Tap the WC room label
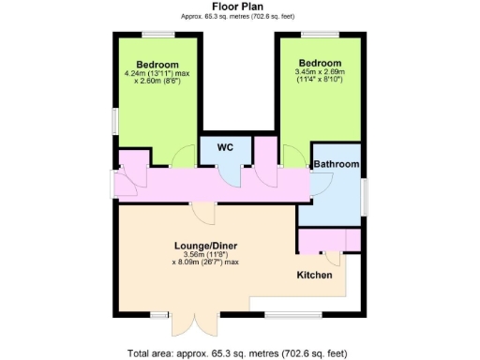click(x=225, y=147)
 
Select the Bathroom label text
click(x=336, y=164)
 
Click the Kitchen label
click(x=315, y=276)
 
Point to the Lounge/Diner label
click(x=205, y=246)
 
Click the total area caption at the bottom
click(x=237, y=353)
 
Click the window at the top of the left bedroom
click(x=157, y=36)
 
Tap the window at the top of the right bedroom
click(x=318, y=36)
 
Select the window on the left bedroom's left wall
click(x=113, y=121)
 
